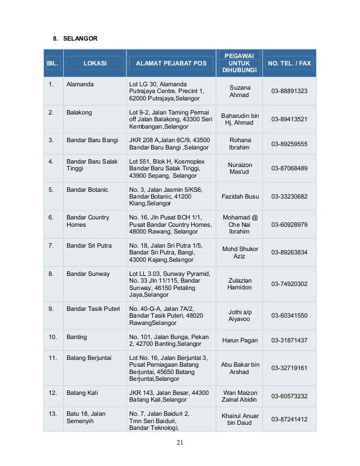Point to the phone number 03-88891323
[x=289, y=91]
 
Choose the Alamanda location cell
[x=80, y=84]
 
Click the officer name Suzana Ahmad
[x=239, y=91]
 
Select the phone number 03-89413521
[x=289, y=120]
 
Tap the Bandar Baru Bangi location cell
[x=92, y=140]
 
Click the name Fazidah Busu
[x=240, y=196]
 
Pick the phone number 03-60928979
[x=289, y=225]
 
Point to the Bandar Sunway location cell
[x=88, y=274]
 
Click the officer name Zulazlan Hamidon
[x=239, y=284]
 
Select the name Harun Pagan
[x=240, y=340]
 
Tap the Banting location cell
[x=77, y=337]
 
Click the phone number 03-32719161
[x=289, y=368]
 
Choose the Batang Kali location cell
[x=82, y=393]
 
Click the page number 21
[x=179, y=442]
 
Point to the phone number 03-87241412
[x=289, y=420]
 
